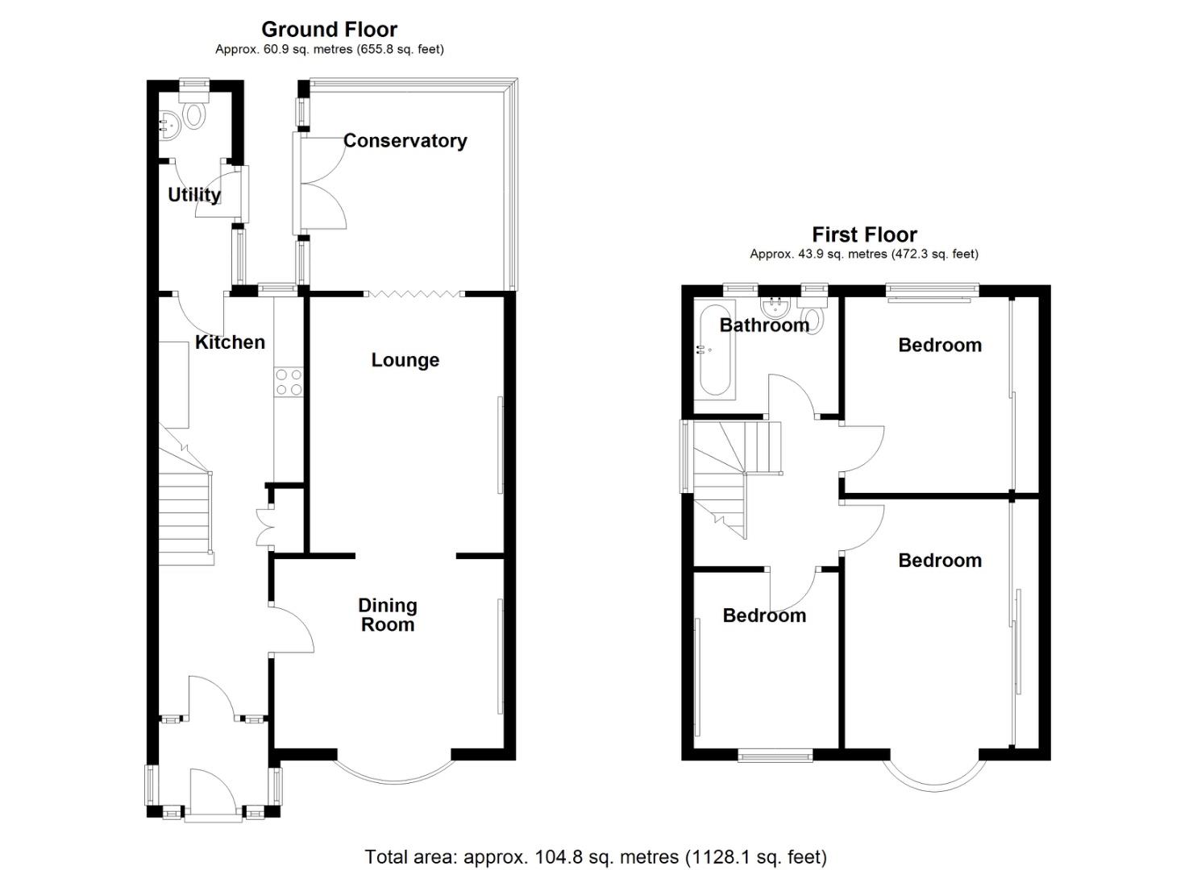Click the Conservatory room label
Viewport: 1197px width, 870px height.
point(405,141)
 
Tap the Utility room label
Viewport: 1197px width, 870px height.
point(193,195)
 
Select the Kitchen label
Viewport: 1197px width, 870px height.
point(230,342)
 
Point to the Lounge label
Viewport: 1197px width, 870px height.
point(405,360)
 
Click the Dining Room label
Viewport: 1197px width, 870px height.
point(388,615)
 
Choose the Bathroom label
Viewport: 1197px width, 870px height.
point(763,325)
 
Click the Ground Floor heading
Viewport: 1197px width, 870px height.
point(329,30)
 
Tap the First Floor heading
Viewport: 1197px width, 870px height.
point(864,235)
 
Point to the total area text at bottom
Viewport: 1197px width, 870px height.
point(596,856)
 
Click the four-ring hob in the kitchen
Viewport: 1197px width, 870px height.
point(288,382)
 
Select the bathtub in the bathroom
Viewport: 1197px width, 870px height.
point(715,350)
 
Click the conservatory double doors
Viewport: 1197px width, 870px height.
point(322,184)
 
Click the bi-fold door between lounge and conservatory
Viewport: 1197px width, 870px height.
point(414,293)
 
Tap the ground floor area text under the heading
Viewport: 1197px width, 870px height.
point(329,49)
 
